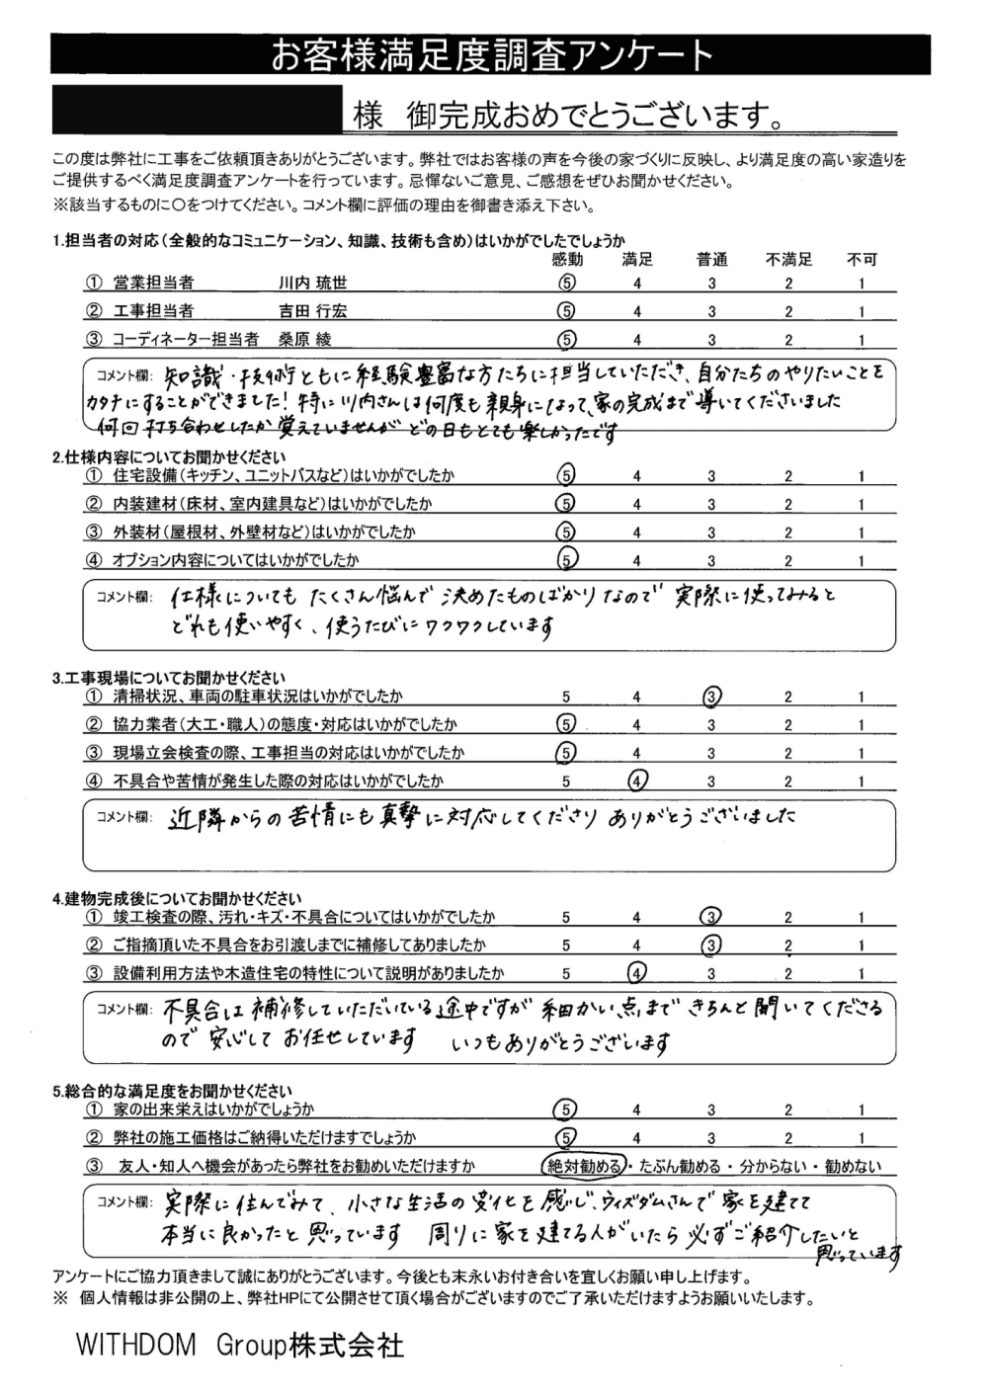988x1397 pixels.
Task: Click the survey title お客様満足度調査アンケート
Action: click(491, 56)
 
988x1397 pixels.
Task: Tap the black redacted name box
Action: click(194, 111)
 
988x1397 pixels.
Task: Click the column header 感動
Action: click(567, 260)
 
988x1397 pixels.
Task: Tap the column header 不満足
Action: click(788, 260)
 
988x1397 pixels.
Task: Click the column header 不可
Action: click(862, 260)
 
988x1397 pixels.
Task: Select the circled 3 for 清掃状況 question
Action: click(711, 697)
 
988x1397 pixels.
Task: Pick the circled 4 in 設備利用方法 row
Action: click(638, 972)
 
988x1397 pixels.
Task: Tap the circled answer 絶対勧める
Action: click(583, 1166)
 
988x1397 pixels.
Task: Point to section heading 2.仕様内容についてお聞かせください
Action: click(170, 457)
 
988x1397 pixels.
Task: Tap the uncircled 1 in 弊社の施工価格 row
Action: click(862, 1138)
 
